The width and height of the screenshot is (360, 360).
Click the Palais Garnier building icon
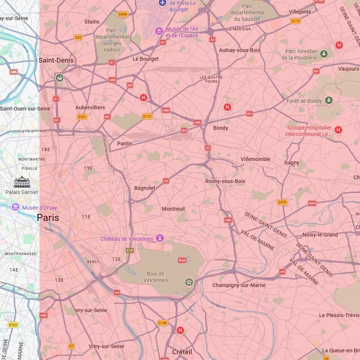coord(22,182)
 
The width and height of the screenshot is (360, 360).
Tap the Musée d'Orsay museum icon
coord(16,207)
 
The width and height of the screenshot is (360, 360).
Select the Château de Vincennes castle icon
coord(159,238)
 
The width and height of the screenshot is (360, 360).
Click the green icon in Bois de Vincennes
coord(189,282)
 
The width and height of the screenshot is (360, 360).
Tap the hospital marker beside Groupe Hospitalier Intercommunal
coord(338,130)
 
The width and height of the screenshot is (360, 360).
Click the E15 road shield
coord(130,250)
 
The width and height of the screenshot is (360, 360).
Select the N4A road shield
coord(182,260)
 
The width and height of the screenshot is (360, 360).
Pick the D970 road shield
coord(282,202)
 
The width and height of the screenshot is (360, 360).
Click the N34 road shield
coord(312,203)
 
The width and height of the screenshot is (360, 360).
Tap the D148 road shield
coord(162,323)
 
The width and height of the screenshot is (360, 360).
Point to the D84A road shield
coord(123,14)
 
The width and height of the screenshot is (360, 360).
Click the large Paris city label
coord(48,218)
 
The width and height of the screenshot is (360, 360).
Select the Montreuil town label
coord(173,209)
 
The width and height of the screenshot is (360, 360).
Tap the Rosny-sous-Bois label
coord(225,181)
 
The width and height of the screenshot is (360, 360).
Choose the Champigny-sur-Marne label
coord(239,285)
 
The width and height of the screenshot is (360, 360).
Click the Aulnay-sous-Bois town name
coord(239,50)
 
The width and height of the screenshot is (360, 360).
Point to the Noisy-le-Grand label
coord(320,234)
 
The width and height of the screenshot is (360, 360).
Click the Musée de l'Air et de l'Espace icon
coord(158,31)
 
